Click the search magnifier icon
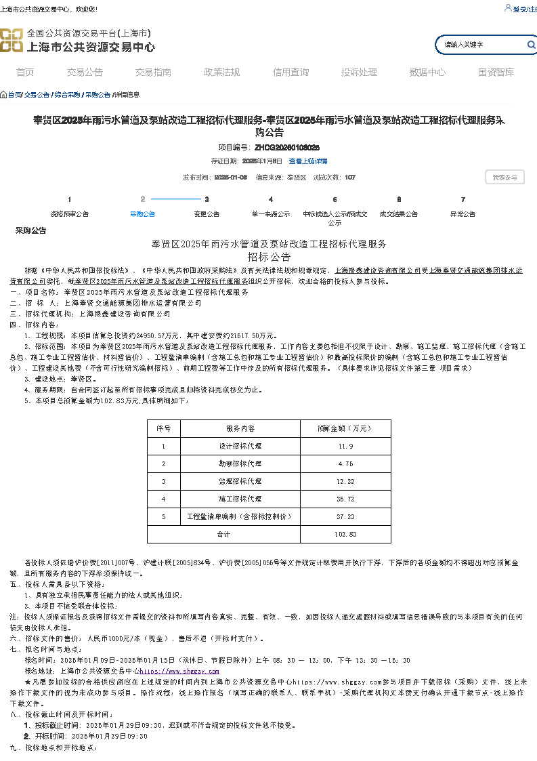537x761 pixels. [x=531, y=45]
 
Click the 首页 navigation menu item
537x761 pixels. [x=25, y=73]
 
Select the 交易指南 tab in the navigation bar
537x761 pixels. [x=153, y=73]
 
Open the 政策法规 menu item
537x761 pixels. [x=221, y=73]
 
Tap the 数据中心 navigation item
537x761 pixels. [x=427, y=73]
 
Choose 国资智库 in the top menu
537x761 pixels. [x=496, y=73]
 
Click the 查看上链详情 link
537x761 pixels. [x=308, y=161]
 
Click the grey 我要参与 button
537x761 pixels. [x=504, y=178]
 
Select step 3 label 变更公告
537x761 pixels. [x=207, y=214]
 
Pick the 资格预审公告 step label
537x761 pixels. [x=70, y=214]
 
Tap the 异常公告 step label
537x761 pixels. [x=463, y=214]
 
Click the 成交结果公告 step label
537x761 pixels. [x=398, y=214]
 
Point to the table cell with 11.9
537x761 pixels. [x=345, y=447]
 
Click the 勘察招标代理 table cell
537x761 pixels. [x=240, y=464]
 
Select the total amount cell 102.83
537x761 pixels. [x=345, y=535]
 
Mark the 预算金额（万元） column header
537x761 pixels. [x=345, y=429]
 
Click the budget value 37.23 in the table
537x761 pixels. [x=345, y=517]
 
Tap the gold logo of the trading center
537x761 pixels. [x=12, y=40]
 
